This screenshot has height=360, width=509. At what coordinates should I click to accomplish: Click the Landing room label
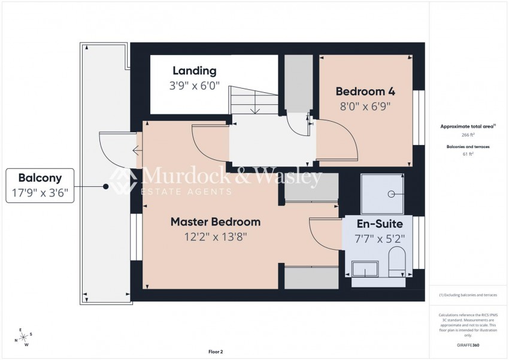tap(194, 71)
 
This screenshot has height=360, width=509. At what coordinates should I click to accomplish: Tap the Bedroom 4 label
tap(365, 92)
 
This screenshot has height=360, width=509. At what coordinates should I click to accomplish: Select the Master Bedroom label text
tap(216, 222)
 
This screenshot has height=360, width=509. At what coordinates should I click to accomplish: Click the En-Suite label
tap(380, 224)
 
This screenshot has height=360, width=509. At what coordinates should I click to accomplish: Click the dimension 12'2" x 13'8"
tap(216, 237)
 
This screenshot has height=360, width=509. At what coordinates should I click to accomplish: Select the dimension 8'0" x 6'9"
tap(365, 107)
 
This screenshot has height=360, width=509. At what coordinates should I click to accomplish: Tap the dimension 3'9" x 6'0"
tap(194, 86)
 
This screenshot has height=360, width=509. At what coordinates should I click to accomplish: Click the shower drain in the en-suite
tap(392, 193)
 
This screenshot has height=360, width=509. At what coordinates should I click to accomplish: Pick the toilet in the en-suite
tap(396, 262)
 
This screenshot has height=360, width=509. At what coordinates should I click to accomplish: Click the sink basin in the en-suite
tap(364, 270)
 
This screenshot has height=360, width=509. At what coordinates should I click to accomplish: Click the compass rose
tap(25, 337)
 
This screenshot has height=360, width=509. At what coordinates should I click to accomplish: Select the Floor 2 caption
tap(216, 352)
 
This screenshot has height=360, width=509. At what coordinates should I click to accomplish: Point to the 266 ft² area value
tap(468, 136)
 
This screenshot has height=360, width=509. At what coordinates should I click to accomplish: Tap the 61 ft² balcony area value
tap(468, 154)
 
